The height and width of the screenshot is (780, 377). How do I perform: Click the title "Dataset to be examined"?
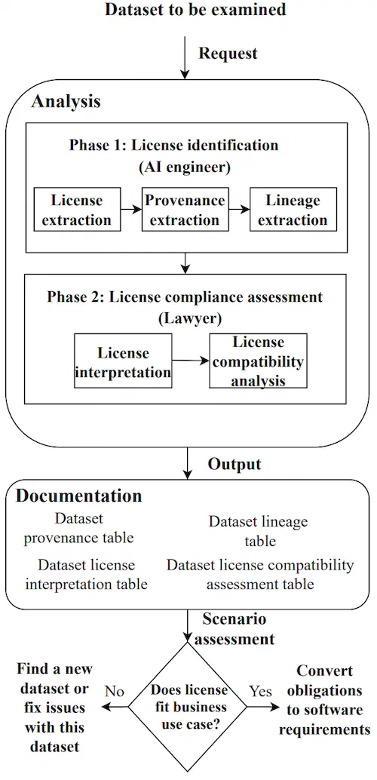point(195,9)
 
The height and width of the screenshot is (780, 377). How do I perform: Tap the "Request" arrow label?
point(228,54)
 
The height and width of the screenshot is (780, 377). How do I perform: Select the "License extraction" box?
point(77,210)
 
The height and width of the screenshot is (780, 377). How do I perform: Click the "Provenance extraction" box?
point(185,210)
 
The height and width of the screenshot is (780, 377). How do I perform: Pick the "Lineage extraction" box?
point(293,210)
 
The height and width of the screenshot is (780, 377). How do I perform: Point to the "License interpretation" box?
point(123,361)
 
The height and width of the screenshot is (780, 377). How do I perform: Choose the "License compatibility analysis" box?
point(258,361)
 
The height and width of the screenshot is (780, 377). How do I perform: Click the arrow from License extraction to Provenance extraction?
point(131,210)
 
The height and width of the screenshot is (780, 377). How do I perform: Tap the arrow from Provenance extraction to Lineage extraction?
point(239,210)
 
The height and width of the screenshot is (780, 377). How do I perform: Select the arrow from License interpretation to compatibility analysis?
point(191,361)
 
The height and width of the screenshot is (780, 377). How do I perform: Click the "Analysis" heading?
point(66,102)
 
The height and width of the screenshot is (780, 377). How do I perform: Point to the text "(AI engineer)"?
point(185,167)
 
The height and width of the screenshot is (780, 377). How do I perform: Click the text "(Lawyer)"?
point(185,319)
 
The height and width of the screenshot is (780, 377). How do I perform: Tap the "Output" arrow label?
point(234,464)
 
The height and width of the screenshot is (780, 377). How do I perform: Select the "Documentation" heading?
point(79,496)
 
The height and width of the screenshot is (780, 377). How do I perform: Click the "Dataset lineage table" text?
point(259,531)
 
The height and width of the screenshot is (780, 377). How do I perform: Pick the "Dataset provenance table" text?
point(79,528)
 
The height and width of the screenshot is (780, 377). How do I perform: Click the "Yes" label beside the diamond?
point(260,691)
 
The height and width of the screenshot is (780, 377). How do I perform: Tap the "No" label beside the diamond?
point(114,691)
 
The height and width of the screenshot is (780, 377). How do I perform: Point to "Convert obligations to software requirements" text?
point(325,700)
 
